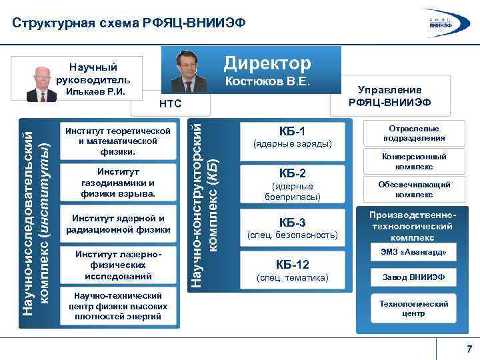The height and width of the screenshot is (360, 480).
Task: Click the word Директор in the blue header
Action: [267, 63]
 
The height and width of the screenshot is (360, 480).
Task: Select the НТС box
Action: [170, 104]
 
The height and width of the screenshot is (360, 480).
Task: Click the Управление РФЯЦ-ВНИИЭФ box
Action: [389, 96]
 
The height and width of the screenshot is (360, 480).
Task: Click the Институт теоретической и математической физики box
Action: [119, 141]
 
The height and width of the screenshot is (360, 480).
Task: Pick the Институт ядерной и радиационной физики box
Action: [119, 224]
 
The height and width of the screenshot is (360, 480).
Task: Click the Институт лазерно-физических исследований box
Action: [119, 265]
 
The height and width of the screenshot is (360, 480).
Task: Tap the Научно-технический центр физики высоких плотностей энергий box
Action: [119, 306]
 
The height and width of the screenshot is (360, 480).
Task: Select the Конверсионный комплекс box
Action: [414, 161]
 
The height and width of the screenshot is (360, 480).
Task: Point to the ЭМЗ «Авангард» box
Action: [414, 253]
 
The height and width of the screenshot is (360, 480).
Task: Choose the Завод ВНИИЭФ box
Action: [414, 277]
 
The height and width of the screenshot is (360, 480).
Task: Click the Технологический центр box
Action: [414, 308]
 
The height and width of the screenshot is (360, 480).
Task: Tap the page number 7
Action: [469, 349]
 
